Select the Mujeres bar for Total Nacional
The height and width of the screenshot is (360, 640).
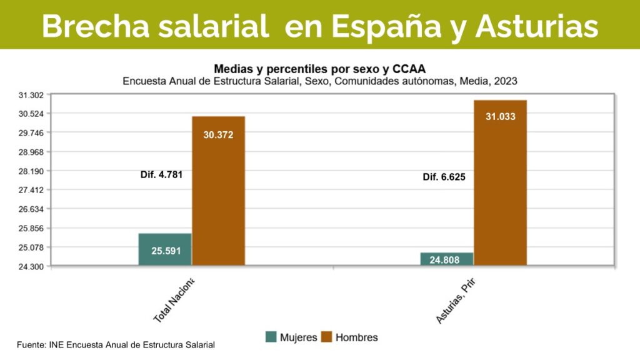coord(165,249)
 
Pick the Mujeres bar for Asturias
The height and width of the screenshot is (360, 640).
coord(447,259)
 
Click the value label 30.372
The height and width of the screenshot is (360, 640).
coord(218,134)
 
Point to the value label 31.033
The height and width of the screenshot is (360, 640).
coord(500,116)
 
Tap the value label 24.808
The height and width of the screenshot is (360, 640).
coord(446,259)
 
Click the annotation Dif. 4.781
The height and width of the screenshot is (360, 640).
coord(161,175)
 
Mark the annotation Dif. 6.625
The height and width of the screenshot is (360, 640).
coord(444,177)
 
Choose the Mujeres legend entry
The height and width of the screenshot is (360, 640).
coord(291,337)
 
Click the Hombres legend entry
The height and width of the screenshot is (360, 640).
coord(349,337)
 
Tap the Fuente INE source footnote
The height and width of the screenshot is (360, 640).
coord(116,344)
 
